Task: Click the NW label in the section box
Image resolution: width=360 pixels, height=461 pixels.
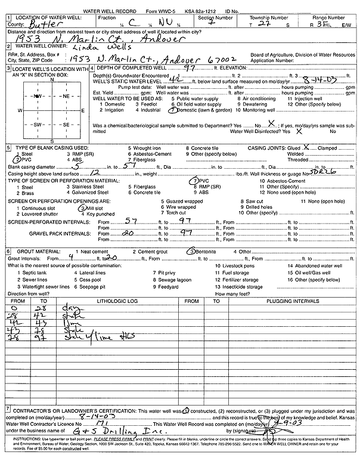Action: click(x=37, y=95)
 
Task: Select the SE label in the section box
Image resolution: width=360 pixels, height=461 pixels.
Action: click(x=66, y=125)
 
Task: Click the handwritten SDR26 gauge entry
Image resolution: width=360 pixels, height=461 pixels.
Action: click(x=321, y=172)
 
